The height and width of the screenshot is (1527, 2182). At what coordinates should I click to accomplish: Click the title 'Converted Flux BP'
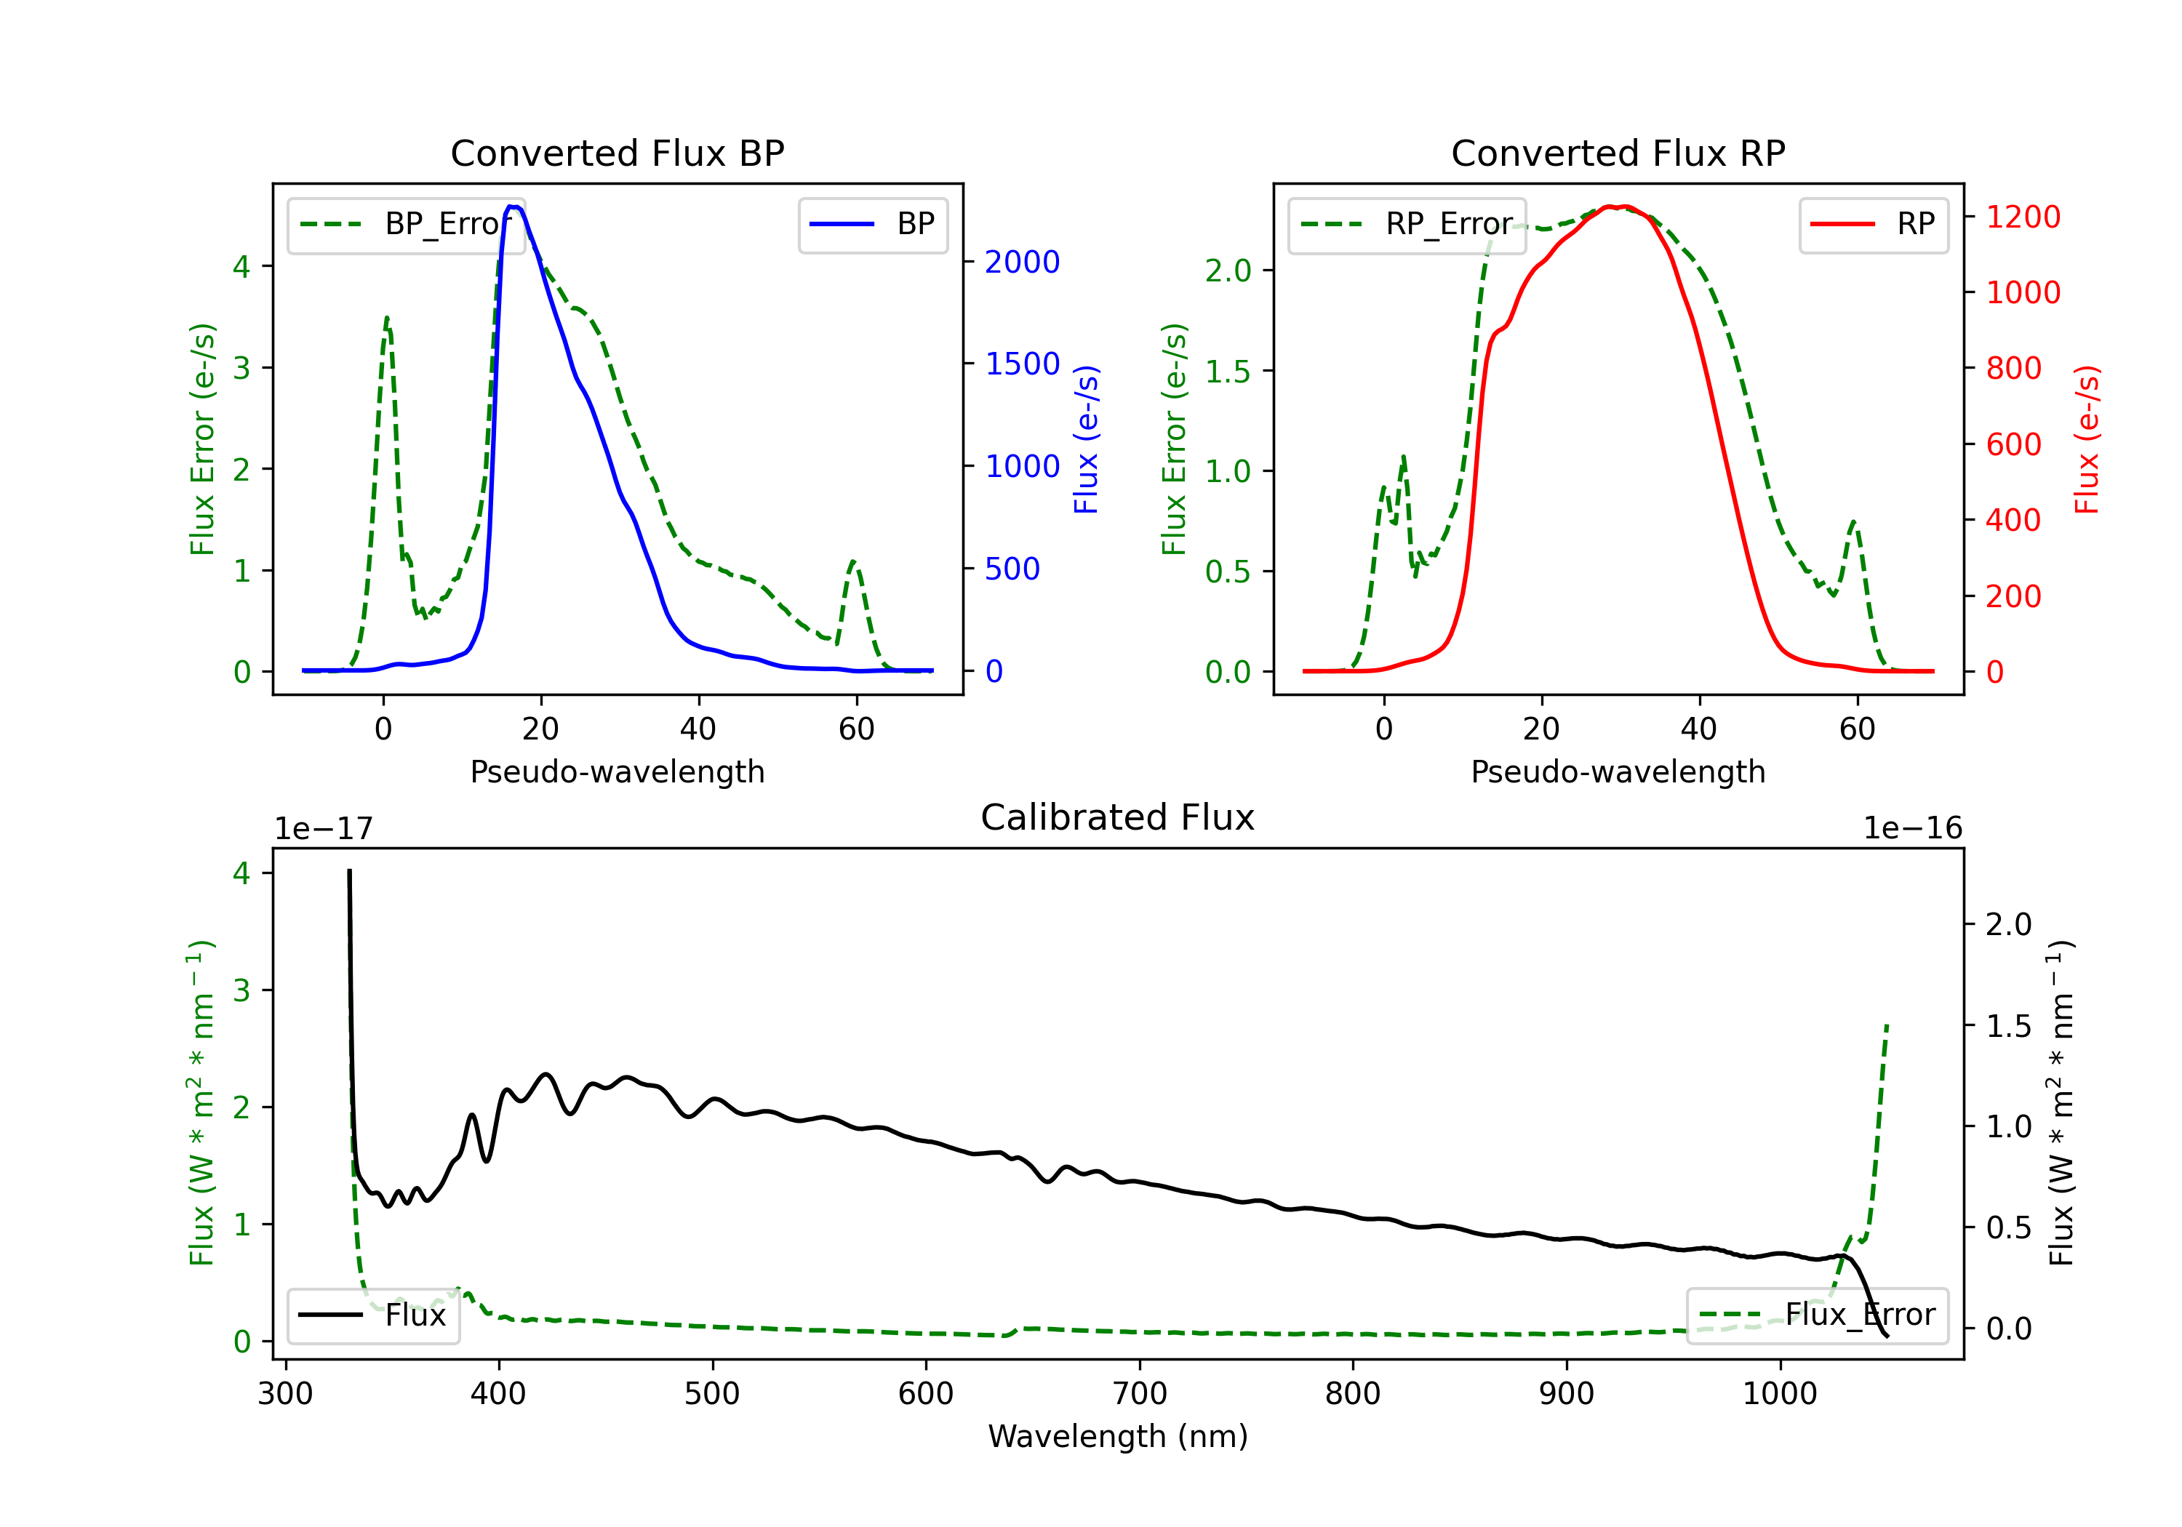[x=617, y=153]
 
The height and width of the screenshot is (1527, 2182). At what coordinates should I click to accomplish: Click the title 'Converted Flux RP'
[x=1618, y=153]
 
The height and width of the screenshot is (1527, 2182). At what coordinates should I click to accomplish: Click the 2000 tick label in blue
[x=1022, y=262]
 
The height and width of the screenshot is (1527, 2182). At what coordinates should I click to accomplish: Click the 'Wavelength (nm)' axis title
[x=1118, y=1436]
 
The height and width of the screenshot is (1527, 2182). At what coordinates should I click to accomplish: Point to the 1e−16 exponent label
[x=1912, y=829]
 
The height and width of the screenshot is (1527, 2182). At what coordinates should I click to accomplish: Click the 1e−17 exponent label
[x=324, y=829]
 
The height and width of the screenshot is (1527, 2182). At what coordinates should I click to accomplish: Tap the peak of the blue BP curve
[x=514, y=207]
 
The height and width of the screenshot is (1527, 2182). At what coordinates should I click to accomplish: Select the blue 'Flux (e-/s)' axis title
[x=1086, y=439]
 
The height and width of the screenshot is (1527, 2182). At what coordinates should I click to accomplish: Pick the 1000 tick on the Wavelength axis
[x=1779, y=1394]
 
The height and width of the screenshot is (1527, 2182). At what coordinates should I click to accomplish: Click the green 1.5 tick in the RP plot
[x=1228, y=372]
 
